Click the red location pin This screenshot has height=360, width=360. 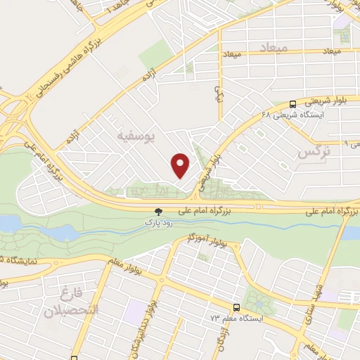(181, 165)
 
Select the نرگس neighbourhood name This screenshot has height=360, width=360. (314, 152)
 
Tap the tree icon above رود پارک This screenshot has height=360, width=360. (158, 210)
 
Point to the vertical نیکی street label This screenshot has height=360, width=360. (217, 96)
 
